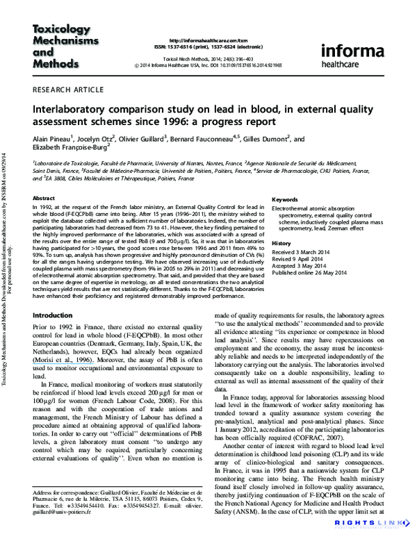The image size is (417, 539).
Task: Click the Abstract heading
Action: pyautogui.click(x=44, y=198)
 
